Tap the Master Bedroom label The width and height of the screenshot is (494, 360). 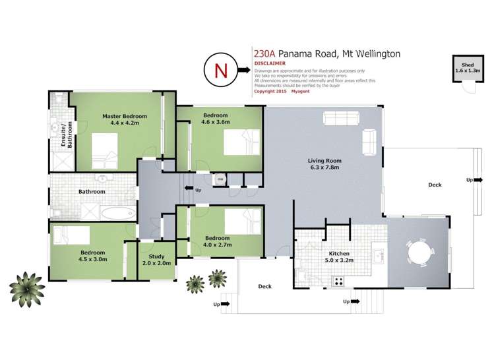(x=125, y=119)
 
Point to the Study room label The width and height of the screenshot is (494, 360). (x=156, y=260)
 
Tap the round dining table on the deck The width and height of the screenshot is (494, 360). (x=420, y=253)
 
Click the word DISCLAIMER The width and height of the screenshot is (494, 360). (x=270, y=64)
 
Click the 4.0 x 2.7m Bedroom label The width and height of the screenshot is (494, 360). (x=217, y=241)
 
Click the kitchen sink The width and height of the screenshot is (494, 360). (x=379, y=255)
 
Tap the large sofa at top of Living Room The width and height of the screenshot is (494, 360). (x=340, y=118)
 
